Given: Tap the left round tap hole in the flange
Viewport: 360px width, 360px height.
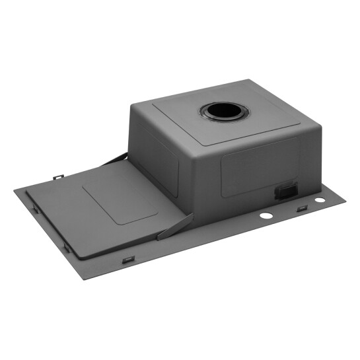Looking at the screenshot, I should [x=266, y=216].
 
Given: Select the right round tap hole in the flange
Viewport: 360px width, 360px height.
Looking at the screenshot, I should [x=320, y=199].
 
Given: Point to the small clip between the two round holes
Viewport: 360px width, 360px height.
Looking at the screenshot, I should [x=301, y=209].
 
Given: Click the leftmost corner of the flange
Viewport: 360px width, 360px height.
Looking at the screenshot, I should [x=15, y=191].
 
